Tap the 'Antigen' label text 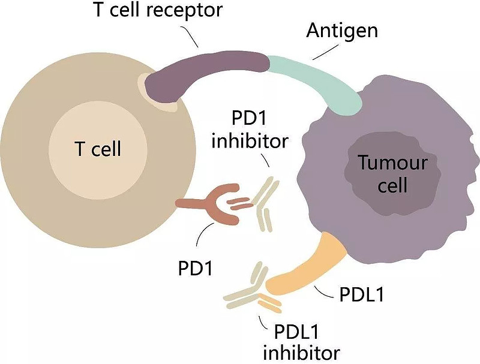341,30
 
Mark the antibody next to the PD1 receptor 264,204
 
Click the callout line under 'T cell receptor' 191,38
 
